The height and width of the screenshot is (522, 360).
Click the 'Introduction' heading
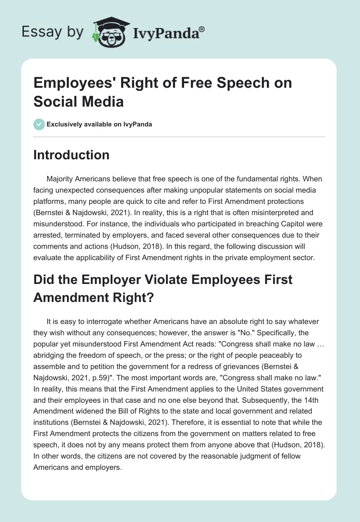coord(71,155)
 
